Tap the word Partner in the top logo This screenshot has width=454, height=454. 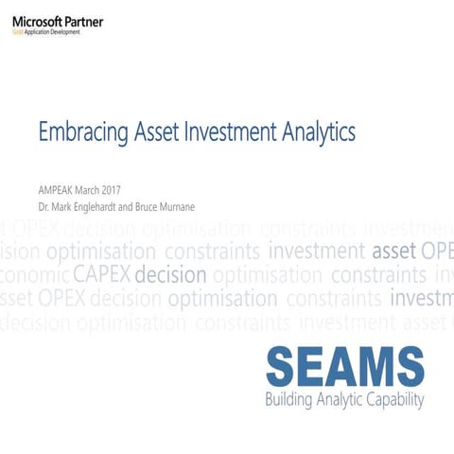84,21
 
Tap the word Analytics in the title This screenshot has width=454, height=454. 319,131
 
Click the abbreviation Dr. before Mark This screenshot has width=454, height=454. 44,203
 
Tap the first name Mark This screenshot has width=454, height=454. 63,203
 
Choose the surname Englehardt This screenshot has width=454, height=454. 106,203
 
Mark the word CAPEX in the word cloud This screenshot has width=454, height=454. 101,275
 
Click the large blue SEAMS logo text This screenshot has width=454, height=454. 344,366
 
